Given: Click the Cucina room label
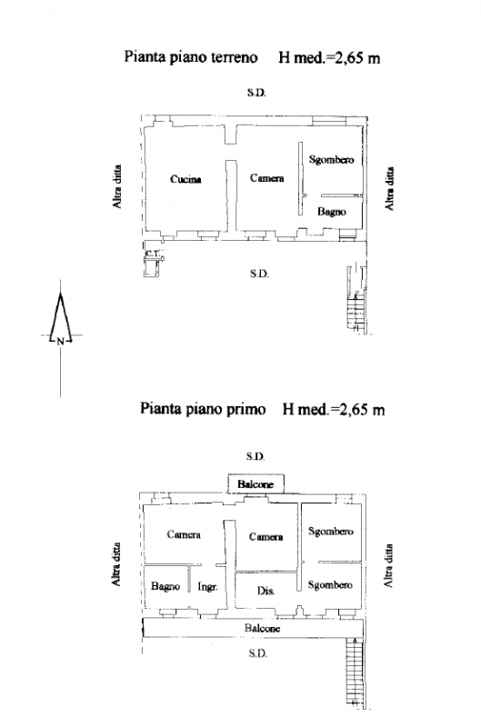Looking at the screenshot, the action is click(185, 179).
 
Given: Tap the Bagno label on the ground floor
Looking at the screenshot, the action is click(332, 212).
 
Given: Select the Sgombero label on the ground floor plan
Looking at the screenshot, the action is click(331, 160).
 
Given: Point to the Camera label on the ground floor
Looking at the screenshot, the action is click(266, 178).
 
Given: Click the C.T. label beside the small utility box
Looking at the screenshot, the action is click(153, 254).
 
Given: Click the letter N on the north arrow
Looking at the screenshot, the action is click(60, 343).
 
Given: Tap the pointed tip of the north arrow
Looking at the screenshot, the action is click(60, 293).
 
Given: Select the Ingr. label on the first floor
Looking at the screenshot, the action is click(207, 587).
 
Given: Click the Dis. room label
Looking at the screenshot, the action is click(266, 591).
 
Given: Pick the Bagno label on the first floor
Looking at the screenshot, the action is click(165, 586).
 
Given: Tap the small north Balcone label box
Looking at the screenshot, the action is click(256, 484).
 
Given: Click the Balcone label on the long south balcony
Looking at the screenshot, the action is click(262, 628).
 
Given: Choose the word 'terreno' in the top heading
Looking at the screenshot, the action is click(234, 57).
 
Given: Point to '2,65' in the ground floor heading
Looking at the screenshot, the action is click(347, 58).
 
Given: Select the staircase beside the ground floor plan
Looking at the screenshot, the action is click(357, 299).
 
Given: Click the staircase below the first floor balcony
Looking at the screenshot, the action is click(356, 672).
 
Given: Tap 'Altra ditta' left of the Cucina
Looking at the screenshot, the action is click(117, 186).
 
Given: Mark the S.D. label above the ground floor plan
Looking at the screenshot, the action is click(256, 93).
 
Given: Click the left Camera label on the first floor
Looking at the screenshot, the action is click(184, 534).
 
